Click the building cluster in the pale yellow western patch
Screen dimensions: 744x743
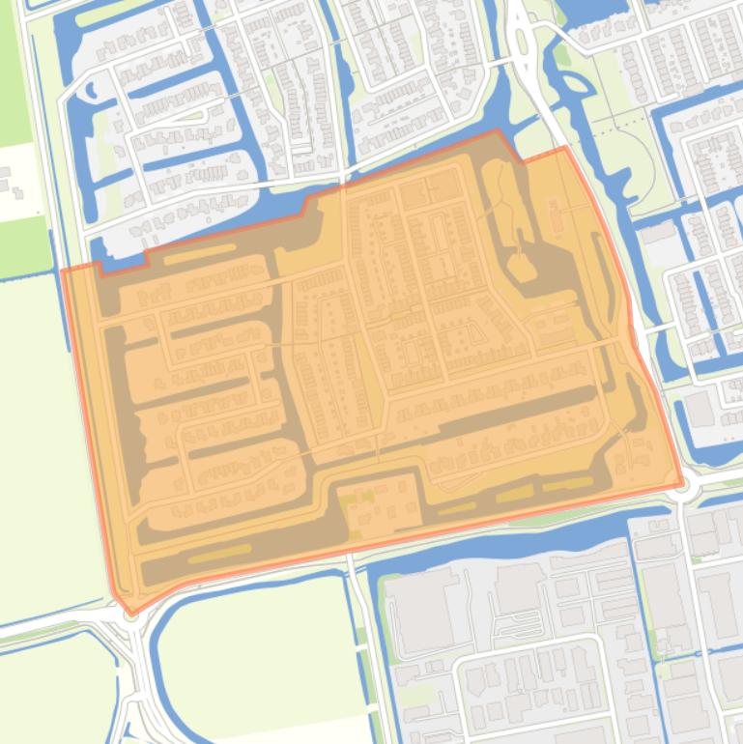point(12,184)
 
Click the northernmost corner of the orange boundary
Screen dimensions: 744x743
point(498,130)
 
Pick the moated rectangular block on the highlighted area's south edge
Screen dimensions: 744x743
point(377,502)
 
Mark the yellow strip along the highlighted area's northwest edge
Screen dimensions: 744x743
point(198,256)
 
